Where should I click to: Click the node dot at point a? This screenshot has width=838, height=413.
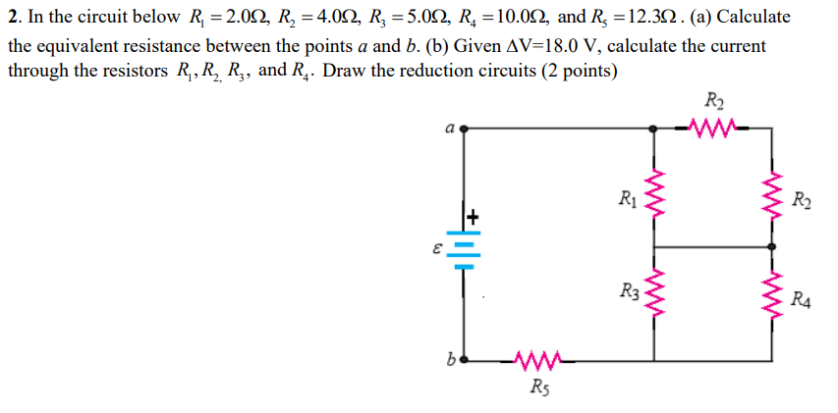coord(463,128)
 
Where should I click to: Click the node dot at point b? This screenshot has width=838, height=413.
coord(463,360)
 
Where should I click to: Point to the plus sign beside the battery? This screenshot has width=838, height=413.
coord(474,215)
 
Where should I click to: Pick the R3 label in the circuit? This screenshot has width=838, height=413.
coord(629,291)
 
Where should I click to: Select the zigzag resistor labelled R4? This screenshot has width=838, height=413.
coord(772,295)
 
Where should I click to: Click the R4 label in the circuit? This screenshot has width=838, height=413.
coord(800,299)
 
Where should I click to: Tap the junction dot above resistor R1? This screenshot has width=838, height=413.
coord(655,128)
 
